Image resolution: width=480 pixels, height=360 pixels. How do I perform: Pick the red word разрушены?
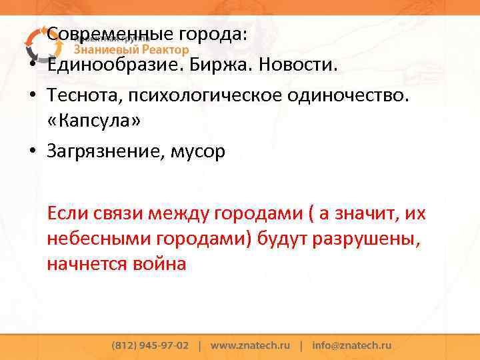tap(371, 239)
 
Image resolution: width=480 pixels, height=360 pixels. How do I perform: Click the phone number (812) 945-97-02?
tap(151, 345)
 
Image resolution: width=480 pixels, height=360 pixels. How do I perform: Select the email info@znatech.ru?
tap(351, 345)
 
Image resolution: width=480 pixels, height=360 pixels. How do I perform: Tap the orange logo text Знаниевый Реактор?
tap(131, 49)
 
